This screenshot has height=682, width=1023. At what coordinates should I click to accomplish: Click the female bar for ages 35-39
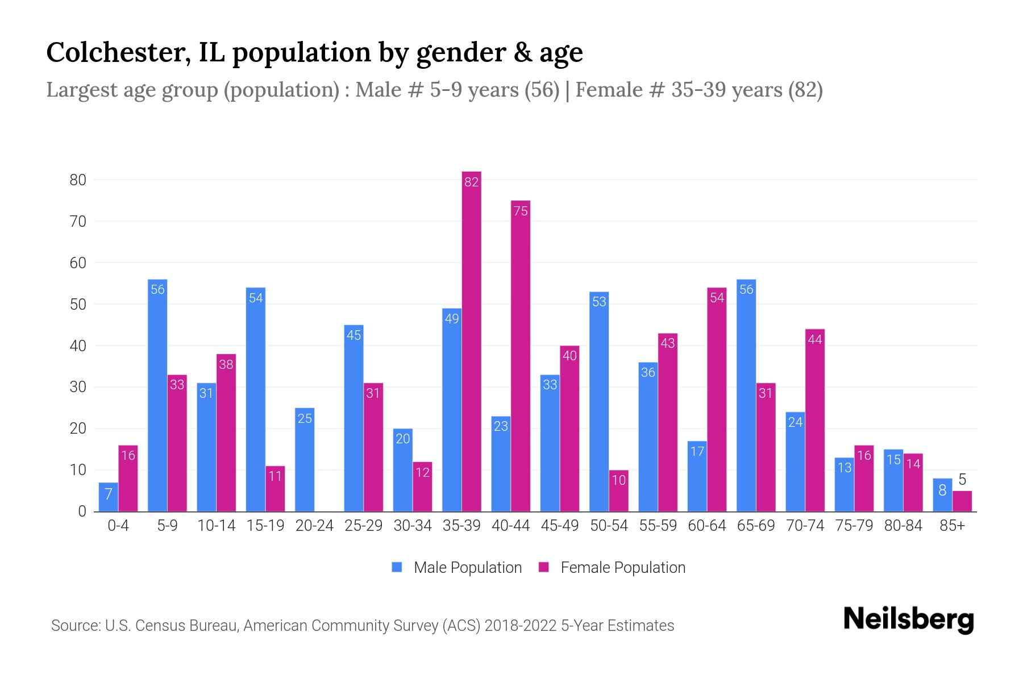pos(471,341)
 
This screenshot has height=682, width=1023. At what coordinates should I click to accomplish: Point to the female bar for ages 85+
pos(962,501)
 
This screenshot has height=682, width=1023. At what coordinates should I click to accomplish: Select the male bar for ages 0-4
pos(109,497)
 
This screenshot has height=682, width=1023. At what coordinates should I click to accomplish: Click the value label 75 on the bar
pos(521,211)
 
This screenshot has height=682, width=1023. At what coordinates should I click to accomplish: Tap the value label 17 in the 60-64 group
pos(697,452)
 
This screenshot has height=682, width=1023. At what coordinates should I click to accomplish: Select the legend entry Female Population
pos(612,568)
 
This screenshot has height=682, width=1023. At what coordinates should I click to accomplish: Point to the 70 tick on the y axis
pos(78,222)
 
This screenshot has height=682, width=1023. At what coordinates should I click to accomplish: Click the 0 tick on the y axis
pos(82,511)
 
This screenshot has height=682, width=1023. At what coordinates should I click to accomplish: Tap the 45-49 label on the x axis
pos(560,526)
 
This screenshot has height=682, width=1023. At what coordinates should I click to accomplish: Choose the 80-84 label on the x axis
pos(903,526)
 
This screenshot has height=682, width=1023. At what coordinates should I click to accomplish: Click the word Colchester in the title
pos(118,52)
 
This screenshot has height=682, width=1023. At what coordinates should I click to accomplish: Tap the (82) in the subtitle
pos(805,90)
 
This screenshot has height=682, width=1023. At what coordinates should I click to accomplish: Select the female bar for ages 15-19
pos(275,489)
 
